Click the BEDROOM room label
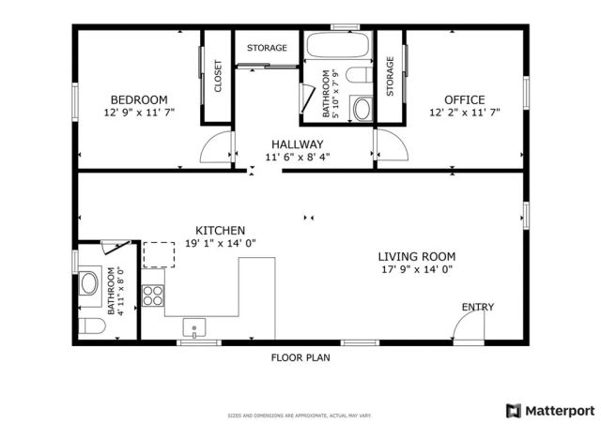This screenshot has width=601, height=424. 139,99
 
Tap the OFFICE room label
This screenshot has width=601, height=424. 464,99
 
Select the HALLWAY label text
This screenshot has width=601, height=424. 294,144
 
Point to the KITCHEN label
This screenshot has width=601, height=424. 220,230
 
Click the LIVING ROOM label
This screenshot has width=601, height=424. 416,256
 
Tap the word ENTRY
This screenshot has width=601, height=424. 477,307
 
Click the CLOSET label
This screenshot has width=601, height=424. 218,77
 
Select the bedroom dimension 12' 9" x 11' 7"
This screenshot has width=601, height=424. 139,113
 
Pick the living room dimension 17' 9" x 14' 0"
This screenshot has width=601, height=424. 416,269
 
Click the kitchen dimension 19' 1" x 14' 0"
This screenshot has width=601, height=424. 220,243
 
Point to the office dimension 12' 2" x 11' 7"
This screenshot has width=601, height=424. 464,113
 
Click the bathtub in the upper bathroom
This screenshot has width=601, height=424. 337,47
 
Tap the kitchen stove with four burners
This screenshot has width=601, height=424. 153,295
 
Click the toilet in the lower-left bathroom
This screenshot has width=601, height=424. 91,325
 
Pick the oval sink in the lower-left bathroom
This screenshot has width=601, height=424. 90,282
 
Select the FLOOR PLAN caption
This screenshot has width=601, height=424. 300,357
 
